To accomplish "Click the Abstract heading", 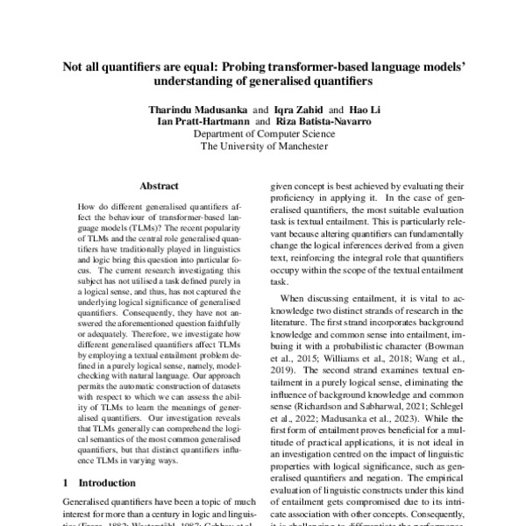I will tap(158, 186).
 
